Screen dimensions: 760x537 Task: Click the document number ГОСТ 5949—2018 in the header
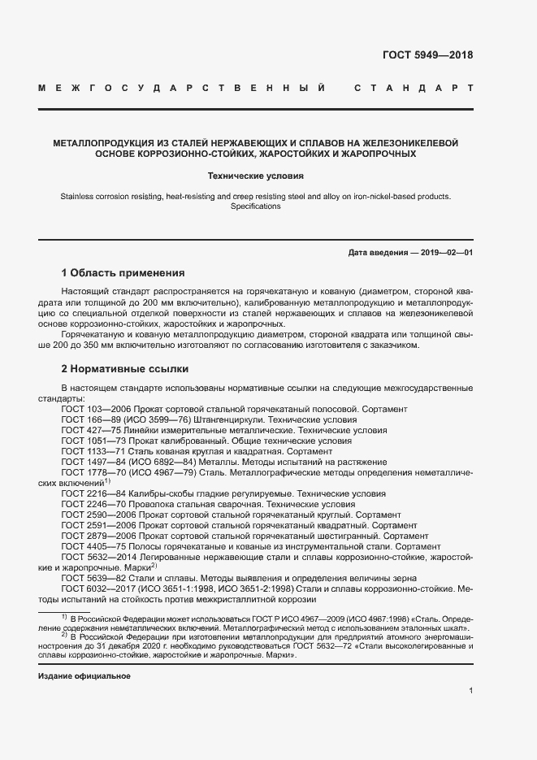pos(427,56)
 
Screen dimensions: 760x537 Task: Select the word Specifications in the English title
pos(256,206)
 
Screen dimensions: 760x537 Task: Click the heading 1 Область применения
pos(123,272)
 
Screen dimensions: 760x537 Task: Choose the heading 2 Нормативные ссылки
pos(119,368)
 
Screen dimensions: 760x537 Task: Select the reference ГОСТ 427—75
pos(88,430)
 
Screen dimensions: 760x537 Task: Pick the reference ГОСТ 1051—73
pos(89,441)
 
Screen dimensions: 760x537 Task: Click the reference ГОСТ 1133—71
pos(89,451)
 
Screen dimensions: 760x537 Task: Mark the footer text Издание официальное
pos(84,676)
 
